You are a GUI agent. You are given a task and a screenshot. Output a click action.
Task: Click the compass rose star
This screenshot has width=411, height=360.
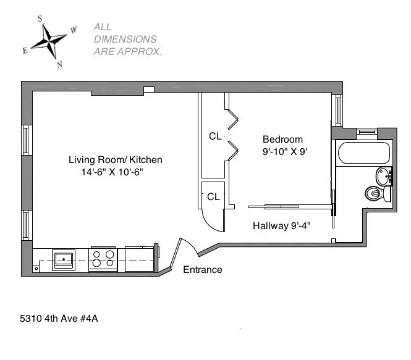click(x=49, y=41)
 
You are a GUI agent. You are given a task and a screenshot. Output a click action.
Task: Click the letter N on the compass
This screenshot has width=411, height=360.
click(x=59, y=64)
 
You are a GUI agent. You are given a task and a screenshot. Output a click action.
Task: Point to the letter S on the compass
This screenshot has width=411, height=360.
click(x=41, y=19)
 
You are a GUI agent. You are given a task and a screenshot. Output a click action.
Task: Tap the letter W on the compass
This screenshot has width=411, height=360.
click(x=74, y=29)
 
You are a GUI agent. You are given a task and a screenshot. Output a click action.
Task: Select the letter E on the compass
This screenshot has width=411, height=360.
click(x=25, y=51)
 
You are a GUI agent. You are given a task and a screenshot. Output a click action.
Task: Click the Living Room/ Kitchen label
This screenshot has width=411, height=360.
click(x=115, y=160)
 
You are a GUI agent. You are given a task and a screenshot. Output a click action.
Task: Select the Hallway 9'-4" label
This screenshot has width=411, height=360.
click(x=281, y=226)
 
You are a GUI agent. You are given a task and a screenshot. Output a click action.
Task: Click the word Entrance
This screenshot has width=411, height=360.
click(x=202, y=270)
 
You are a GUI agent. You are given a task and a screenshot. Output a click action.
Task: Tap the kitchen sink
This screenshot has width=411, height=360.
click(x=64, y=259)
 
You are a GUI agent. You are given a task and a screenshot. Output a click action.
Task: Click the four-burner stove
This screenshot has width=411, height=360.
click(x=103, y=259)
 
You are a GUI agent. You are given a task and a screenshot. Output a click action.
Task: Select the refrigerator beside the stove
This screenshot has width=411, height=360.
click(x=138, y=258)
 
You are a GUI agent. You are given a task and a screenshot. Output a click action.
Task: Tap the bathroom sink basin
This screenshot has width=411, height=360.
click(x=384, y=176)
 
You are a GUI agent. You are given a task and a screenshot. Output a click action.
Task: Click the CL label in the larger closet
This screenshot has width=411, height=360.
click(x=214, y=136)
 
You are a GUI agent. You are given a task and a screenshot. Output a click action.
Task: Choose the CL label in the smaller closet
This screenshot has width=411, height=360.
click(x=213, y=197)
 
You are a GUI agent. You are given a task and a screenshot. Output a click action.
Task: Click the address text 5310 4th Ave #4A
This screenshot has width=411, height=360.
click(x=59, y=319)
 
